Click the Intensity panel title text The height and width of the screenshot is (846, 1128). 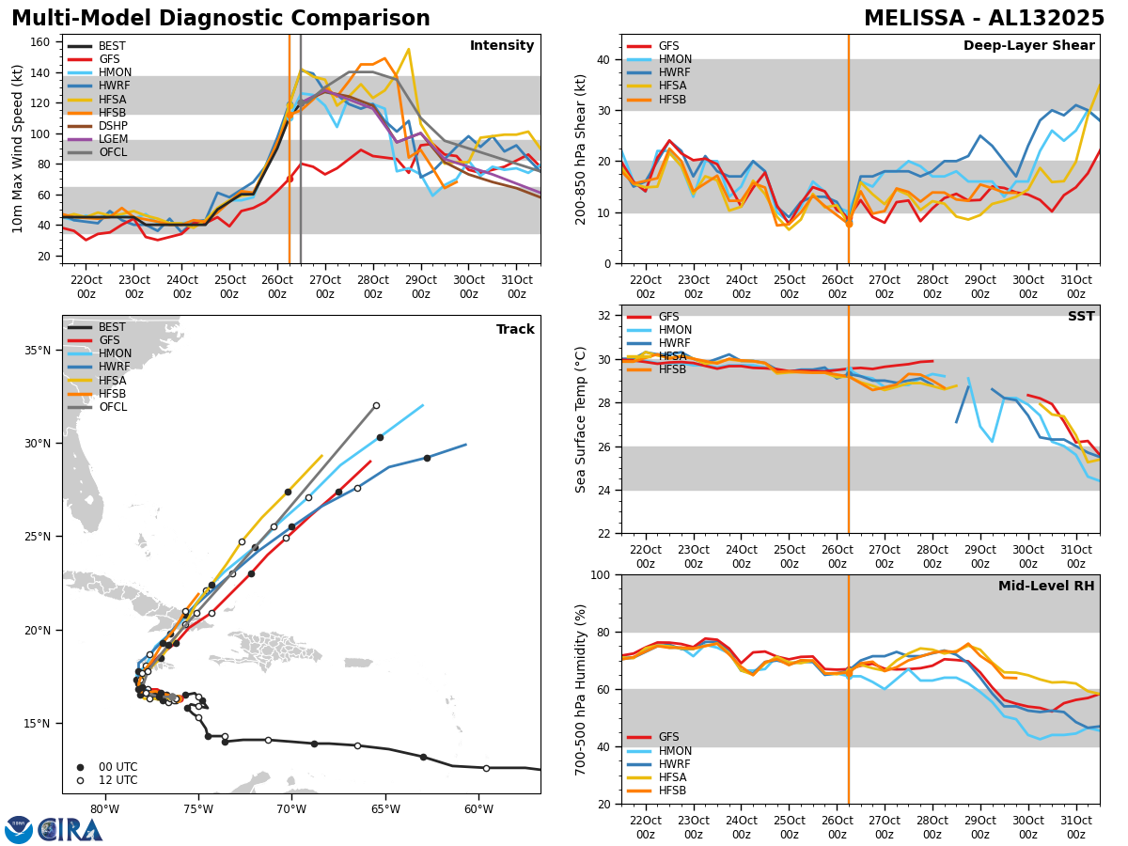[x=502, y=46]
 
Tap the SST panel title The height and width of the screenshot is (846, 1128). [x=1080, y=317]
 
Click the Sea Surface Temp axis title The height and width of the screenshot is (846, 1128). [x=582, y=419]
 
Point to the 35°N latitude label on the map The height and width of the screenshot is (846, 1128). [x=37, y=351]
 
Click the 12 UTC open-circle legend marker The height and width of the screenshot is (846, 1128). [x=80, y=780]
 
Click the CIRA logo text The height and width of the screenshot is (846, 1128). [x=70, y=830]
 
